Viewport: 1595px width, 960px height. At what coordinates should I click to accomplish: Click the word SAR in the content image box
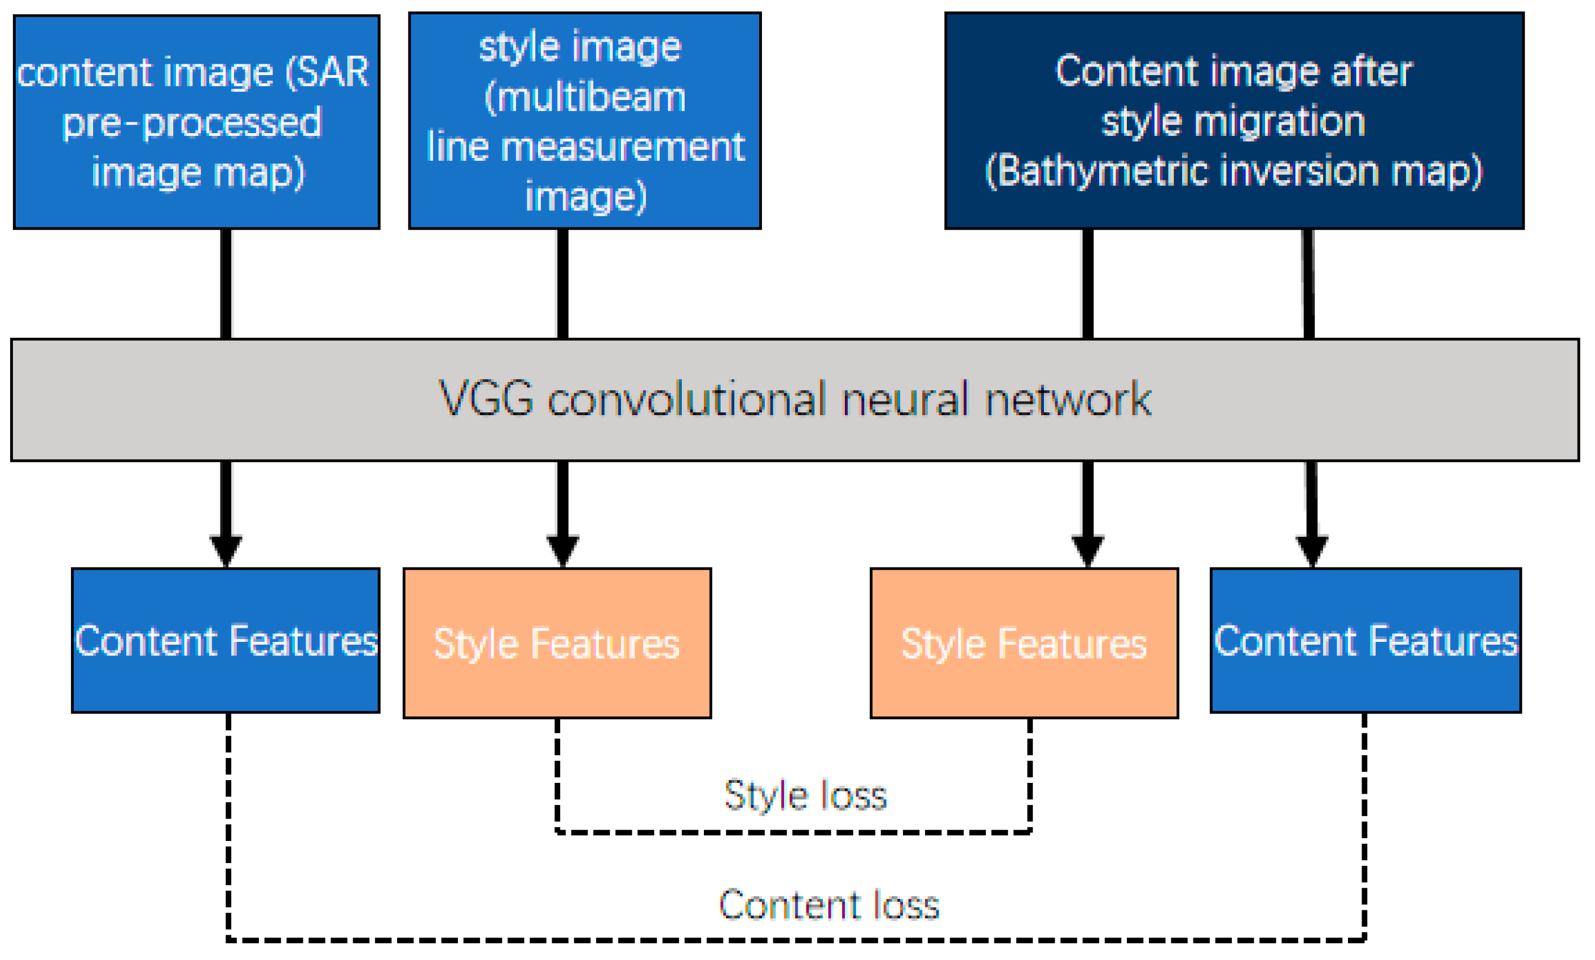(334, 72)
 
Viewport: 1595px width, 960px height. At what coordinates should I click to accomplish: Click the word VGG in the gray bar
(485, 398)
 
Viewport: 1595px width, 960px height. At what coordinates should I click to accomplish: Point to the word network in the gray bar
(1067, 398)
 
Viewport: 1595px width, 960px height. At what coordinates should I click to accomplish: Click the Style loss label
(805, 795)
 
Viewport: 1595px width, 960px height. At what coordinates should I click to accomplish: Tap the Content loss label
(829, 904)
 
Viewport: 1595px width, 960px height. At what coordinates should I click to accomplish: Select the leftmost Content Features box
(225, 640)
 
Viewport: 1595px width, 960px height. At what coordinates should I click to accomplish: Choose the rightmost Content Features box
(1365, 640)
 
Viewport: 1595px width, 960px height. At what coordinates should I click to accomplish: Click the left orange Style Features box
(556, 643)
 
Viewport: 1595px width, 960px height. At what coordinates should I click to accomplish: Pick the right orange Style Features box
(1023, 643)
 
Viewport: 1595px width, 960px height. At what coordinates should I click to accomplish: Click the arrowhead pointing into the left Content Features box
(226, 550)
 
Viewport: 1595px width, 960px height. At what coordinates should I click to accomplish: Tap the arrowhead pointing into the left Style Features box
(562, 550)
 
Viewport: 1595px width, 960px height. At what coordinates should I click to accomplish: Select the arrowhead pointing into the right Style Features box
(1087, 550)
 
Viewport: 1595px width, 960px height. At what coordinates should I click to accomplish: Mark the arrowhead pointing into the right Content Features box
(1311, 550)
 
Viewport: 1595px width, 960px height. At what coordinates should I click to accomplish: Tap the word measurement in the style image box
(622, 147)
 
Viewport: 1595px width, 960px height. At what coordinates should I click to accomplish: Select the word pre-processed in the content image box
(191, 123)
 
